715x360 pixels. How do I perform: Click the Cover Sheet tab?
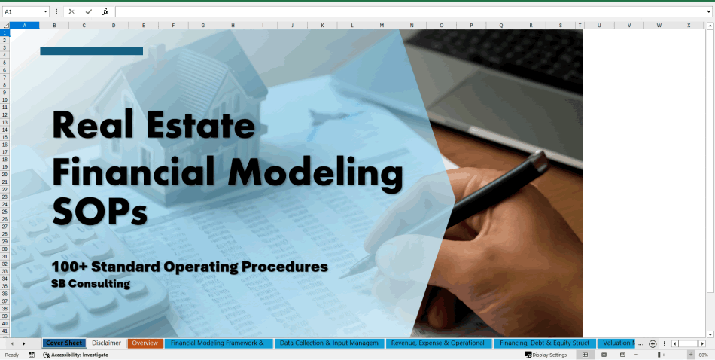[64, 343]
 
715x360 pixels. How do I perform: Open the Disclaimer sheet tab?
[106, 343]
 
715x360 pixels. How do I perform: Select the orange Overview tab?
[145, 343]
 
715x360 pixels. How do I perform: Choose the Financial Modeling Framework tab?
[217, 343]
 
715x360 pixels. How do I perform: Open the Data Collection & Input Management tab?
[329, 343]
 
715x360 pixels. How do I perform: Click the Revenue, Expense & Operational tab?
[437, 343]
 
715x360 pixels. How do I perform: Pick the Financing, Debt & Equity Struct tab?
[544, 343]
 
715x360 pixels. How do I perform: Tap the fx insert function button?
[105, 12]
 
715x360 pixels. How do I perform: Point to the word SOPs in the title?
[99, 211]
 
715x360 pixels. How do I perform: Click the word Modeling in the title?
[315, 173]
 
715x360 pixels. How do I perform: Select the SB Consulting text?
[90, 284]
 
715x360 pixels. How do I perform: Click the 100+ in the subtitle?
[70, 267]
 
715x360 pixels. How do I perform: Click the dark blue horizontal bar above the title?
[91, 51]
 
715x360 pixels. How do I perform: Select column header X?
[688, 25]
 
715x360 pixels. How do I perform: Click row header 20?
[5, 174]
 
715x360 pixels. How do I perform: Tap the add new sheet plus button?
[653, 343]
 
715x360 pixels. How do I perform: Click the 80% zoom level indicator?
[703, 355]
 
